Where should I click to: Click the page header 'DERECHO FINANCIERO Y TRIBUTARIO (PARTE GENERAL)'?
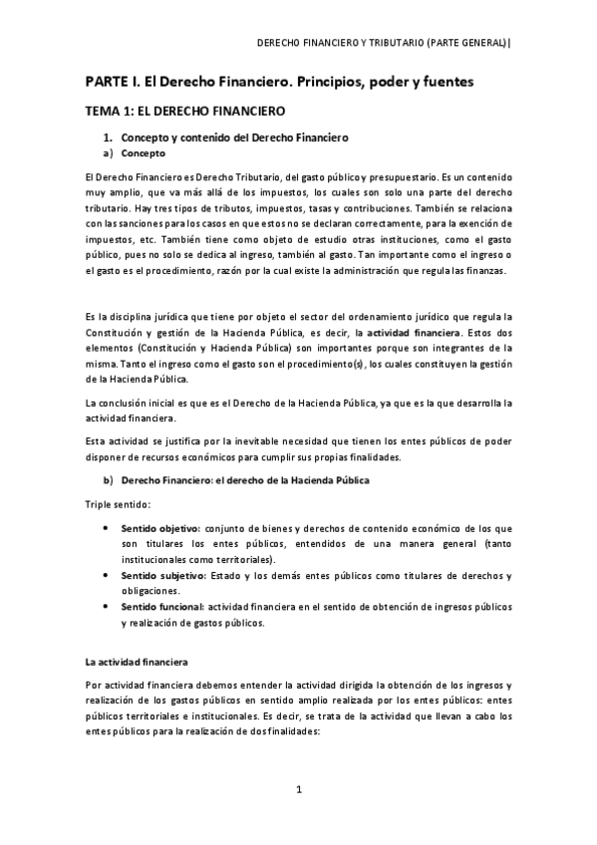(384, 43)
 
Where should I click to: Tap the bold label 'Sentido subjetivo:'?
(162, 576)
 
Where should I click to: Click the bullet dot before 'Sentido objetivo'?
(106, 527)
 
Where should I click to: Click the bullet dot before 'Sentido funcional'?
(106, 606)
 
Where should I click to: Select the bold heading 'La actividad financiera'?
(136, 661)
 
